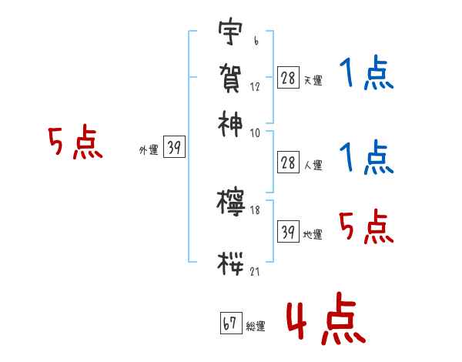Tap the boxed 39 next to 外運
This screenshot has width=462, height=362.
[174, 149]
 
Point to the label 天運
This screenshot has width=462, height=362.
[313, 80]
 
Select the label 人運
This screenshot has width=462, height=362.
[313, 165]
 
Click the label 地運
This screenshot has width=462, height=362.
[313, 235]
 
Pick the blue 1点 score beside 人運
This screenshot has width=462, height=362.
[366, 158]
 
